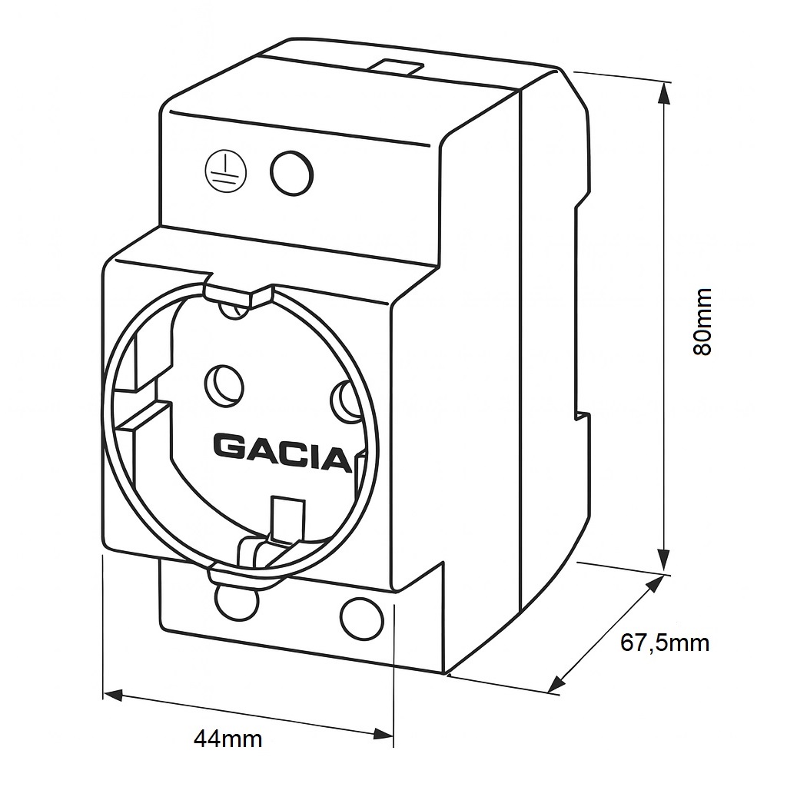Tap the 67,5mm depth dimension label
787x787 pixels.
click(x=665, y=643)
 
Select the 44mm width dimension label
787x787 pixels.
click(x=227, y=739)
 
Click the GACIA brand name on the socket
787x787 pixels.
click(x=281, y=448)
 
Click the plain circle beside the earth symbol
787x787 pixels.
click(x=291, y=172)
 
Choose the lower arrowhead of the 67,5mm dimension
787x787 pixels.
click(x=559, y=684)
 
